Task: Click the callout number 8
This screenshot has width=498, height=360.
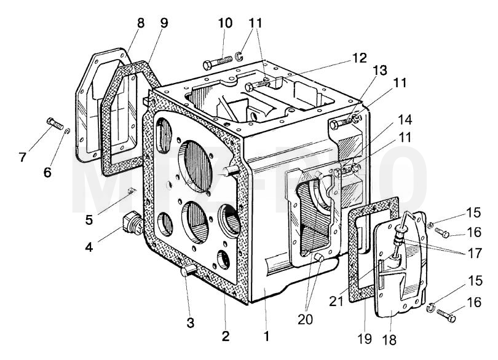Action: coord(140,23)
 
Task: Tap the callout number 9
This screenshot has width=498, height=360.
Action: coord(164,23)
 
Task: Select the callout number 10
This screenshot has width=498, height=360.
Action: coord(225,23)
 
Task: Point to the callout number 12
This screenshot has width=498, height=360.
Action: coord(359,58)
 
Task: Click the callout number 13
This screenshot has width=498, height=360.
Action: coord(380,71)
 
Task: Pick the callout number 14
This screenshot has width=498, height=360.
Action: coord(405,120)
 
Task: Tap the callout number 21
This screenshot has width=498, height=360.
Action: coord(336,301)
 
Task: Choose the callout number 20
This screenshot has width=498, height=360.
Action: coord(305,319)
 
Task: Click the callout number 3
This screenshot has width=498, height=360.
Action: coord(190,323)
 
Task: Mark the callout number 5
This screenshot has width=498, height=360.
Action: coord(89,219)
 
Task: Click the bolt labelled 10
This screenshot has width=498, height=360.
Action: coord(217,63)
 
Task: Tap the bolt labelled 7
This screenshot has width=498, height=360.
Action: coord(54,123)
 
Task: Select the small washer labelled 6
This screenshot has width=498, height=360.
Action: coord(67,131)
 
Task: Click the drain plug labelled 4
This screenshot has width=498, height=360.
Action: coord(132,224)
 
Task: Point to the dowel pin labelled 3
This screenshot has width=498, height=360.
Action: coord(189,271)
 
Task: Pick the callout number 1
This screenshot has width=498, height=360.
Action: coord(266,336)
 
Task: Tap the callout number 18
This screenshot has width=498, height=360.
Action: coord(390,340)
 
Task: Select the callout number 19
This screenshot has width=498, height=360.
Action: coord(365,339)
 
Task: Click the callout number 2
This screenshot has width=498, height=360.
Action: coord(225,336)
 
